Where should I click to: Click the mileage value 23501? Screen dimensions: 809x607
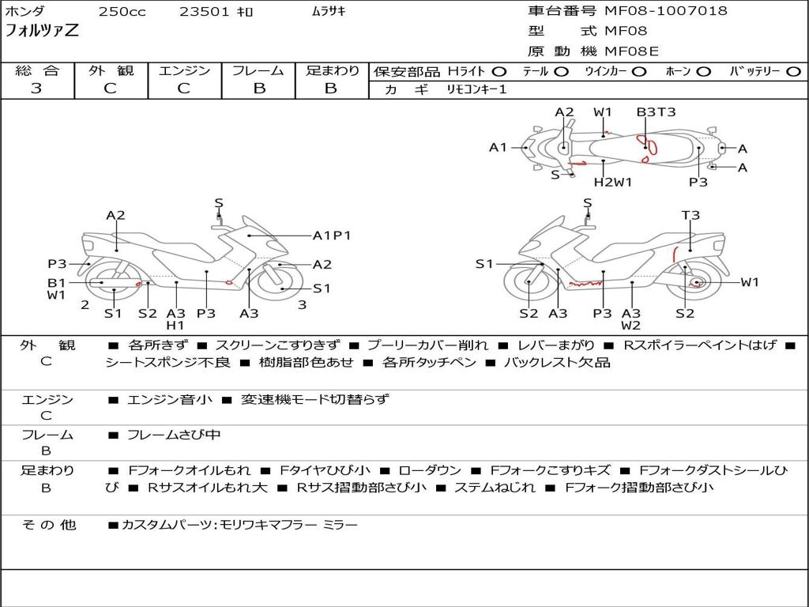coord(205,12)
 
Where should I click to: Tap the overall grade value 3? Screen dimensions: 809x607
coord(36,89)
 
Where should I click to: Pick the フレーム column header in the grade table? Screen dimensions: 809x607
coord(258,70)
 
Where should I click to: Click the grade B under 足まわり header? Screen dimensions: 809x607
coord(332,89)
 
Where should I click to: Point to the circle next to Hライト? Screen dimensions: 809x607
coord(499,71)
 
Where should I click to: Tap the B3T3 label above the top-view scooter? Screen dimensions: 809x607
coord(657,112)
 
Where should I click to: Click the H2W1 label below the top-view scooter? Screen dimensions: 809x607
coord(613,182)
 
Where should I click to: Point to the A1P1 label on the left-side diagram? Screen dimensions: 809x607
coord(332,235)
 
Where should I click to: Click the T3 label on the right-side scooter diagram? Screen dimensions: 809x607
coord(690,215)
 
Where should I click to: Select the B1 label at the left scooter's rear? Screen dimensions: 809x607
coord(55,282)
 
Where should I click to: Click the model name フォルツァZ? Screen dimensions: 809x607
coord(43,32)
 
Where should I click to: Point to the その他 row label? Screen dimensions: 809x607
coord(48,524)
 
